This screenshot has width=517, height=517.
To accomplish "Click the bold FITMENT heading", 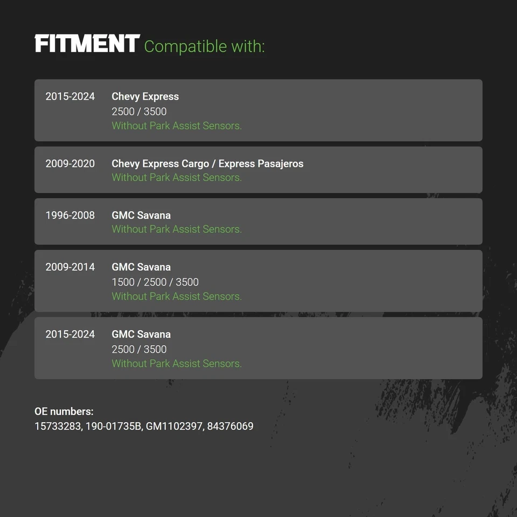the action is pos(87,43).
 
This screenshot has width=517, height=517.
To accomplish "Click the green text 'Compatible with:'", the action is pos(205,46).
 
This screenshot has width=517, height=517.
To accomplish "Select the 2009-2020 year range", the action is pos(70,164).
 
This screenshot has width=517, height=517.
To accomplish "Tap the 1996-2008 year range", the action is pos(70,215).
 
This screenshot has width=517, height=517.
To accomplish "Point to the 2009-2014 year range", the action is pos(70,267).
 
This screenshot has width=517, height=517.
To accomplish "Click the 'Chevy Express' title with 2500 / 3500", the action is pos(145,96).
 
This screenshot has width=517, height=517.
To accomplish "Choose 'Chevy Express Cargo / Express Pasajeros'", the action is pos(207,164).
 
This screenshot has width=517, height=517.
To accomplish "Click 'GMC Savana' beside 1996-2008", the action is pos(141,215).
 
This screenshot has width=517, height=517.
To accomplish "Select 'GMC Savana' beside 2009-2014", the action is pos(141,267).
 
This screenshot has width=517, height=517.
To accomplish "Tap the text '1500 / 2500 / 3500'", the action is pos(155,282).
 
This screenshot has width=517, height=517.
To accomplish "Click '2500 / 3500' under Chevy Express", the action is pos(139,112).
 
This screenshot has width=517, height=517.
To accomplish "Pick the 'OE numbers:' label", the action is pos(64,411).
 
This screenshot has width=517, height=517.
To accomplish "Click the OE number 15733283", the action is pos(58,427).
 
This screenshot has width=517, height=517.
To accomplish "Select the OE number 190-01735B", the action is pos(114,427).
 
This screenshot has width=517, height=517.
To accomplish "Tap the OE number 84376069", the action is pos(230,427).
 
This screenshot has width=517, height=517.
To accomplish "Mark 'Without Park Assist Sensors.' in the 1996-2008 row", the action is pos(177,229).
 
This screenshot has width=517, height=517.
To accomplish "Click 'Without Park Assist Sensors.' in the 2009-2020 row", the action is pos(177,177).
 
